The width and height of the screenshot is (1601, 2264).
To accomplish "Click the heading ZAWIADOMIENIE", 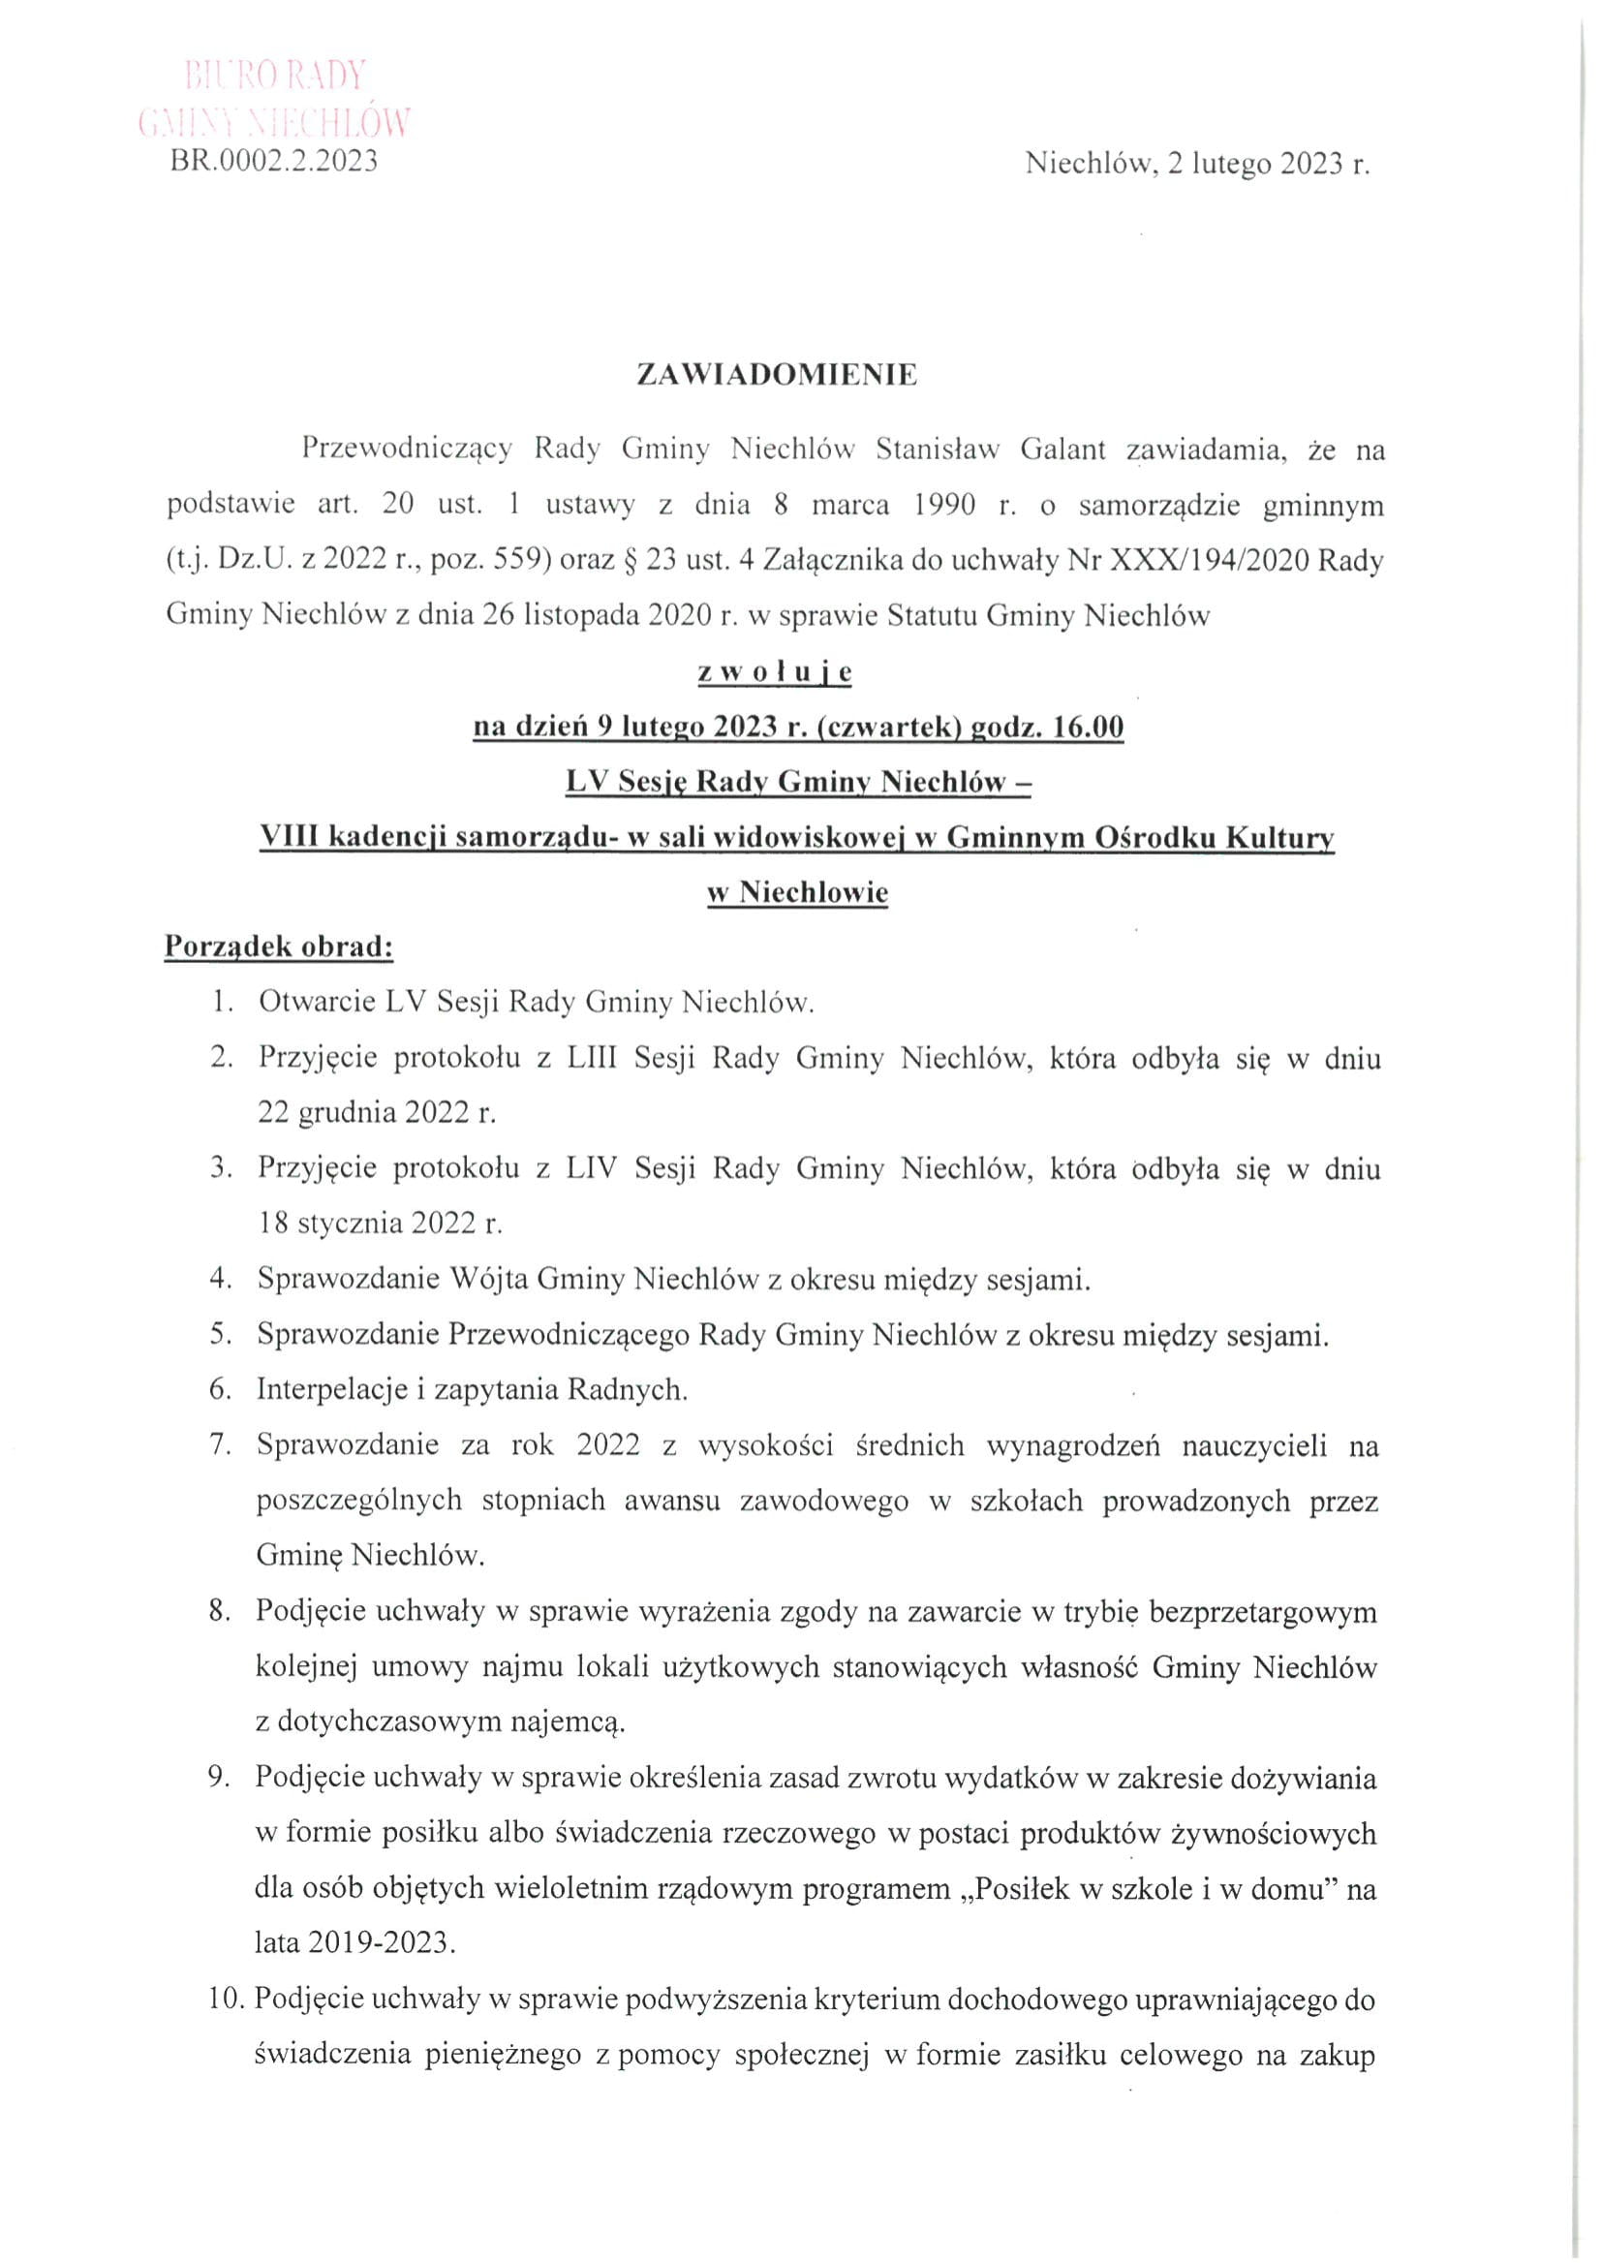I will click(x=777, y=376).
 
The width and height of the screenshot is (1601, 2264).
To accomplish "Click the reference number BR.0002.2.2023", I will click(x=275, y=161).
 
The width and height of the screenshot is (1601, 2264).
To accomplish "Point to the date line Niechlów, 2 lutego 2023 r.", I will click(x=1197, y=164).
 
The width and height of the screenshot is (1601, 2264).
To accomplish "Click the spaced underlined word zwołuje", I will click(x=775, y=671).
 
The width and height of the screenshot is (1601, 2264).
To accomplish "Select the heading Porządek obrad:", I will click(x=279, y=946).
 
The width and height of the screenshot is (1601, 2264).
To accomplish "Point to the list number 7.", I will click(x=219, y=1445).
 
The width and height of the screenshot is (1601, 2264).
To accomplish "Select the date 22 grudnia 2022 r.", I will click(x=377, y=1113).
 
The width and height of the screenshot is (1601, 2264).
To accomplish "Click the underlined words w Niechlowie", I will click(x=798, y=892).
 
